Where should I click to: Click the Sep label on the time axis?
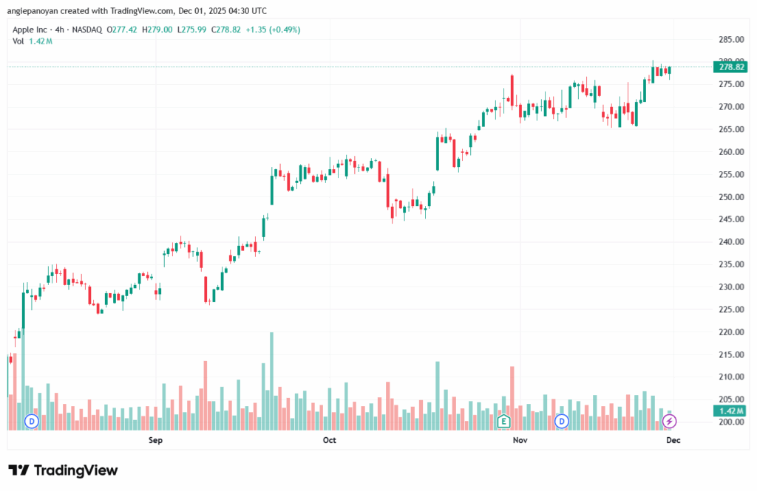click(x=155, y=441)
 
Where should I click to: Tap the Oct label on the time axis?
click(x=330, y=441)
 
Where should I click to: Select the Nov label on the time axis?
click(x=520, y=441)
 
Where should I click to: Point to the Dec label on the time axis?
click(x=673, y=441)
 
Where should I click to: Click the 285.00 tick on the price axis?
click(x=731, y=39)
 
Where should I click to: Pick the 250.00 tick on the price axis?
click(x=731, y=197)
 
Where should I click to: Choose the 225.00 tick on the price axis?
click(x=731, y=310)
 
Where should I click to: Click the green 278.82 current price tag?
click(x=731, y=67)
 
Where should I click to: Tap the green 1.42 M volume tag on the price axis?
click(x=731, y=411)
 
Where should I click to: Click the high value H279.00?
click(x=160, y=30)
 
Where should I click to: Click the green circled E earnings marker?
click(x=504, y=421)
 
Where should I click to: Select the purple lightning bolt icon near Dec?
click(x=669, y=421)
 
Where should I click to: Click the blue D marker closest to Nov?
click(x=562, y=421)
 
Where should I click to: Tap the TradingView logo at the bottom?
click(x=64, y=470)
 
